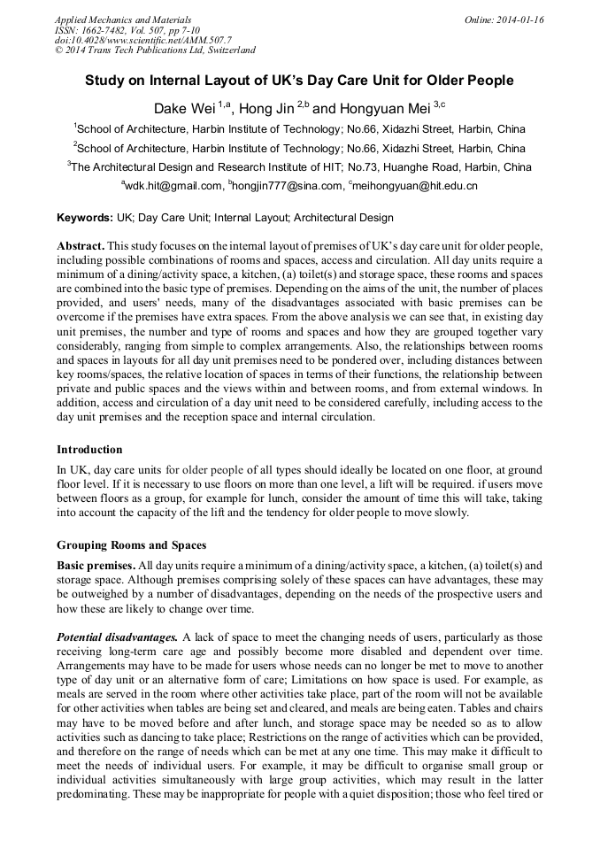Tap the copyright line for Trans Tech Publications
tap(155, 51)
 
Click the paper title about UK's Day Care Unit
tap(299, 81)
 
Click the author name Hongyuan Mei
tap(384, 108)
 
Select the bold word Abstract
tap(81, 244)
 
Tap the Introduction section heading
tap(89, 450)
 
